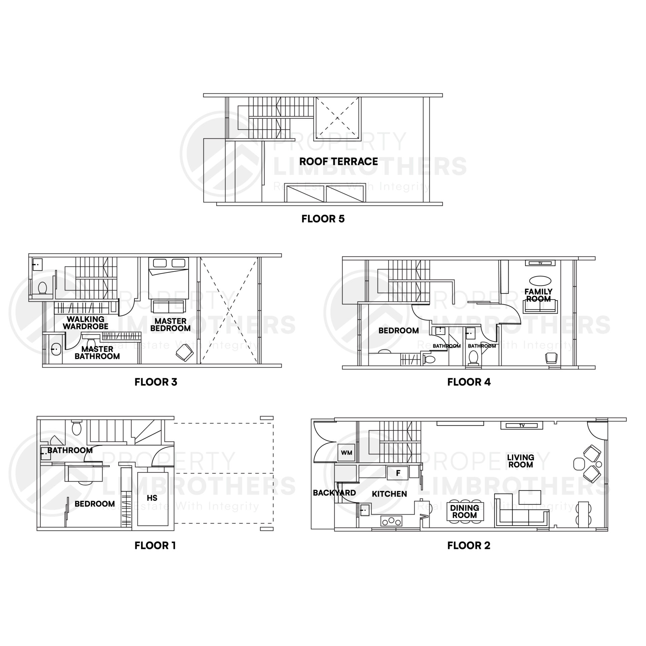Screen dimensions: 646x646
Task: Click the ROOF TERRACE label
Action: point(338,161)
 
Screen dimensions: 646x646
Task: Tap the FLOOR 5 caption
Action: point(323,219)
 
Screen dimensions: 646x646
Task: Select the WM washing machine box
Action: point(347,453)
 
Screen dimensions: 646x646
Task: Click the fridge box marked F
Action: point(398,473)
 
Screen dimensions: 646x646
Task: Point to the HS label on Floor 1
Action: point(152,498)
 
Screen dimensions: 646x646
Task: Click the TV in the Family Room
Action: point(540,263)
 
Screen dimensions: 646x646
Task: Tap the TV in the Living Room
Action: point(522,426)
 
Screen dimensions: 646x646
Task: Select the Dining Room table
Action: point(464,512)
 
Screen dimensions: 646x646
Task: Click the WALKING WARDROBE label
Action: point(85,323)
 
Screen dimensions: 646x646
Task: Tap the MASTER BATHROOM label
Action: point(97,353)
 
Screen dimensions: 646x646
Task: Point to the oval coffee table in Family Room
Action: point(540,280)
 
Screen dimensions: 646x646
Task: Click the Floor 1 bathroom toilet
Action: point(77,428)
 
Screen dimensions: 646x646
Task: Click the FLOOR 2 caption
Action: point(469,545)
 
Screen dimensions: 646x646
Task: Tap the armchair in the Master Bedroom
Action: point(184,353)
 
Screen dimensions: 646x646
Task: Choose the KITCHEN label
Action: point(389,494)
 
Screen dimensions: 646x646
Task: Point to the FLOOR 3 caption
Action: point(156,382)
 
